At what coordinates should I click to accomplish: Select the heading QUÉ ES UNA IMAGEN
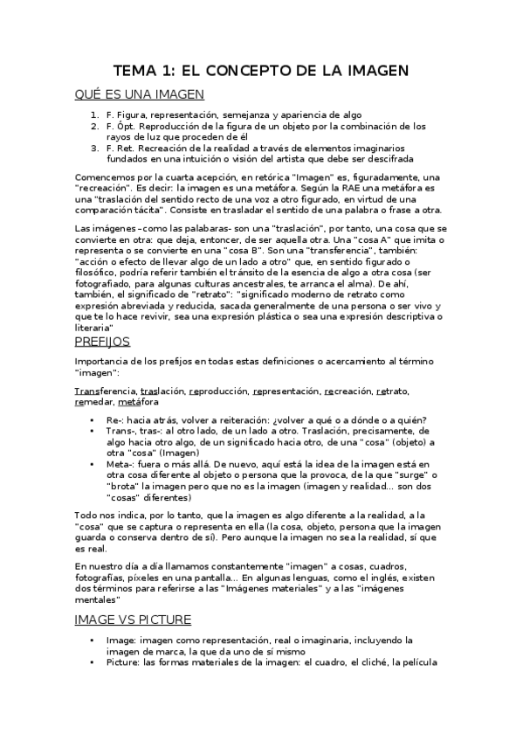[x=140, y=95]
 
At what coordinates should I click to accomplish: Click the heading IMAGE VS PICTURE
[x=134, y=620]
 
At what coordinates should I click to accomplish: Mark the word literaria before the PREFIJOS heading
[x=95, y=326]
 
